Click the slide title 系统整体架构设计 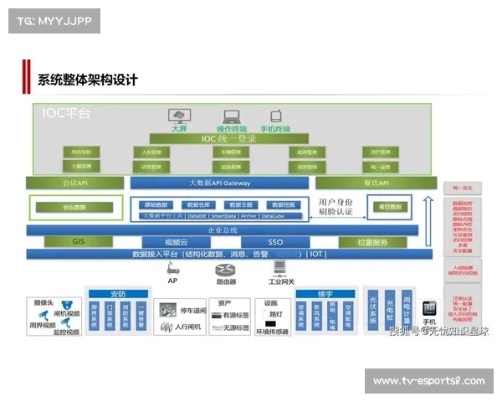tap(87, 80)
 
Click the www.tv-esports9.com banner tap(428, 381)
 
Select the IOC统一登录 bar tap(228, 139)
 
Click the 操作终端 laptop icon tap(232, 116)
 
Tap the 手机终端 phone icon tap(274, 116)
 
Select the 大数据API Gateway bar tap(220, 183)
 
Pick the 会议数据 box tap(74, 206)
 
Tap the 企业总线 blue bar tap(221, 229)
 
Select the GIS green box tap(78, 242)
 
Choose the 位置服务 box tap(372, 242)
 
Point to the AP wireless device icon tap(173, 270)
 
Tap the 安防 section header tap(117, 294)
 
